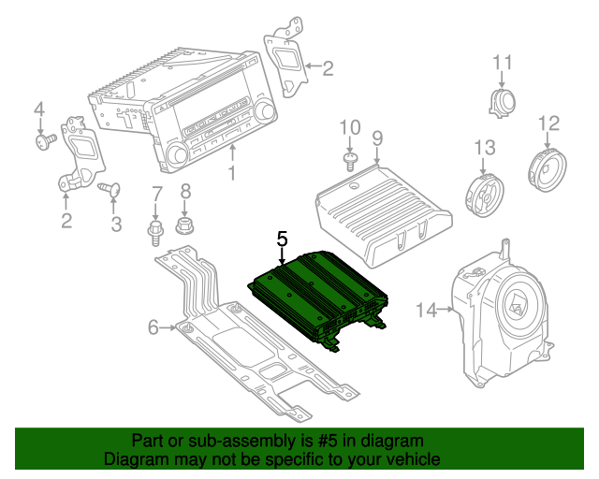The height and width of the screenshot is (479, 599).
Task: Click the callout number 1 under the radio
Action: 232,174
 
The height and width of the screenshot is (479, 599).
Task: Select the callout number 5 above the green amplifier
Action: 282,239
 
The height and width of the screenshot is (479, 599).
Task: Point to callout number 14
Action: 426,310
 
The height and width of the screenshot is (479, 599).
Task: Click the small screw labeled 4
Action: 42,140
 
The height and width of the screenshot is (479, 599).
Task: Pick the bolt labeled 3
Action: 112,191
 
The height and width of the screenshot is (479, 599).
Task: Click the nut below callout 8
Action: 184,225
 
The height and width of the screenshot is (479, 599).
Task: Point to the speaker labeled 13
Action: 484,193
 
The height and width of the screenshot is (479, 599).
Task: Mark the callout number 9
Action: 377,138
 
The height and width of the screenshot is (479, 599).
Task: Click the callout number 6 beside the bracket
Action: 154,327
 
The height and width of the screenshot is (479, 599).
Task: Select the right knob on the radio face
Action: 267,113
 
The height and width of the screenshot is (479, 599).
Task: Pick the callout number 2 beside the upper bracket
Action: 327,67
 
